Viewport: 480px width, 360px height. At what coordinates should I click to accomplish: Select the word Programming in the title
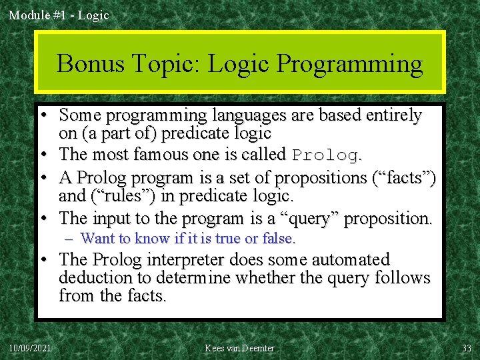coord(349,65)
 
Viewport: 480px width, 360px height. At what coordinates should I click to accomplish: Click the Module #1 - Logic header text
coord(58,15)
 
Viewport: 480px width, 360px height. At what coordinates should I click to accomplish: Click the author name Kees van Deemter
coord(240,348)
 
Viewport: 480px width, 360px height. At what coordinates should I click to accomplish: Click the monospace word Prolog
coord(326,155)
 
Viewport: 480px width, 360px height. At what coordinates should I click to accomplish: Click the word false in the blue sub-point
coord(281,238)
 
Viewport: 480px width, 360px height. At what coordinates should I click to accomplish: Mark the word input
coord(112,218)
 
